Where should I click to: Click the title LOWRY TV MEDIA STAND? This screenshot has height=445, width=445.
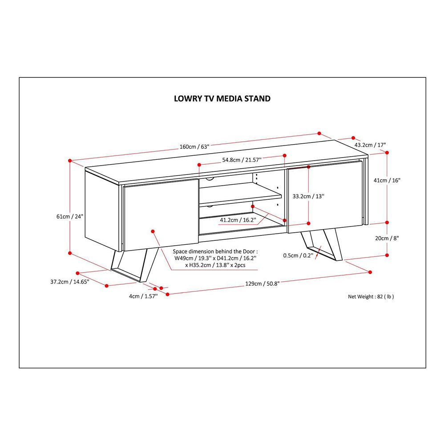222,98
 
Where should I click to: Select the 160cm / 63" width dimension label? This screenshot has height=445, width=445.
194,146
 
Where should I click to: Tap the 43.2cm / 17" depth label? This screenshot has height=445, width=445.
370,145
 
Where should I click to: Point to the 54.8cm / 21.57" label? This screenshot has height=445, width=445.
242,159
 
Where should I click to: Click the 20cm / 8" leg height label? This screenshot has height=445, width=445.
387,238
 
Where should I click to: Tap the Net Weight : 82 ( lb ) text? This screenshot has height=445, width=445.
371,296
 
